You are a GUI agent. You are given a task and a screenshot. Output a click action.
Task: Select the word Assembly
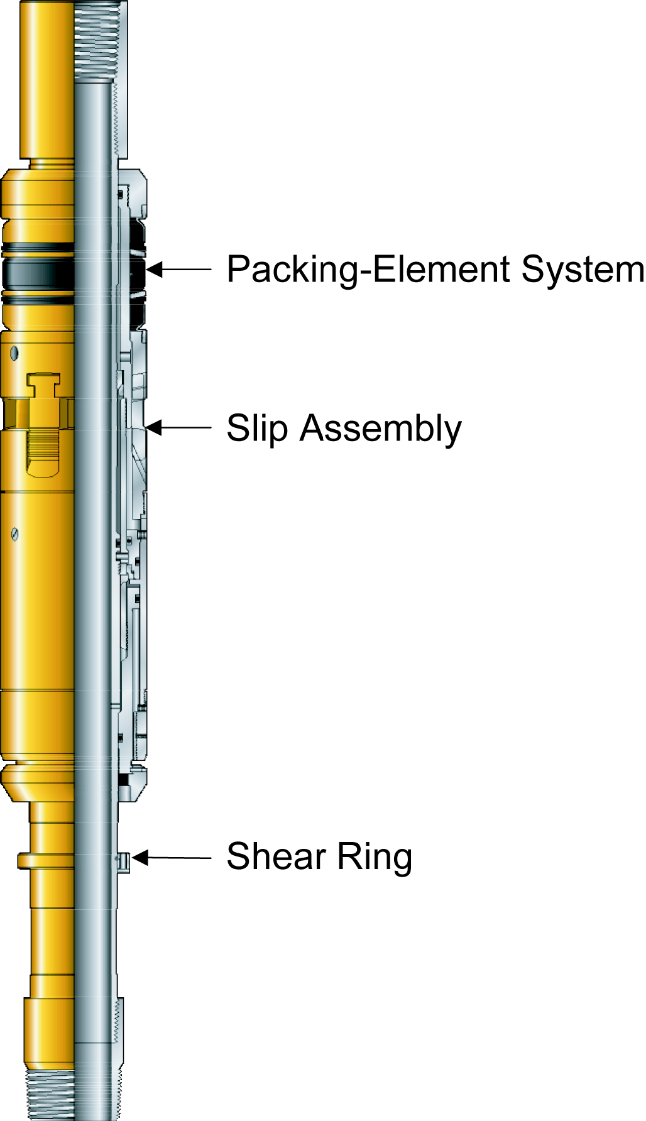click(x=380, y=429)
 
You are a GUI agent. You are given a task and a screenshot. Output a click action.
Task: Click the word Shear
click(x=276, y=856)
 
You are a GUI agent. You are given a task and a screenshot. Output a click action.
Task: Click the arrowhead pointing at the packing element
click(x=153, y=270)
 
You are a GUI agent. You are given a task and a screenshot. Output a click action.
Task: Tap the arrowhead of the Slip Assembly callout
click(x=153, y=428)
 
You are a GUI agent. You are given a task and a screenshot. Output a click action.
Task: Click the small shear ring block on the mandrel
click(x=124, y=862)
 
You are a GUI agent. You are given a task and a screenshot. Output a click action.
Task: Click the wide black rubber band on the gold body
click(x=38, y=274)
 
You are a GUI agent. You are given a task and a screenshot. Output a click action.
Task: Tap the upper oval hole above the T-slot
click(x=14, y=354)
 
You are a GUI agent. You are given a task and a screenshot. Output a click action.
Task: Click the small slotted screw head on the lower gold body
click(x=15, y=535)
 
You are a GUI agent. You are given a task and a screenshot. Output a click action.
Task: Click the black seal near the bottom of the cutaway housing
click(x=123, y=780)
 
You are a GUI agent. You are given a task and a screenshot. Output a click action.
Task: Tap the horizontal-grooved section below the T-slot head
click(x=43, y=446)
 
